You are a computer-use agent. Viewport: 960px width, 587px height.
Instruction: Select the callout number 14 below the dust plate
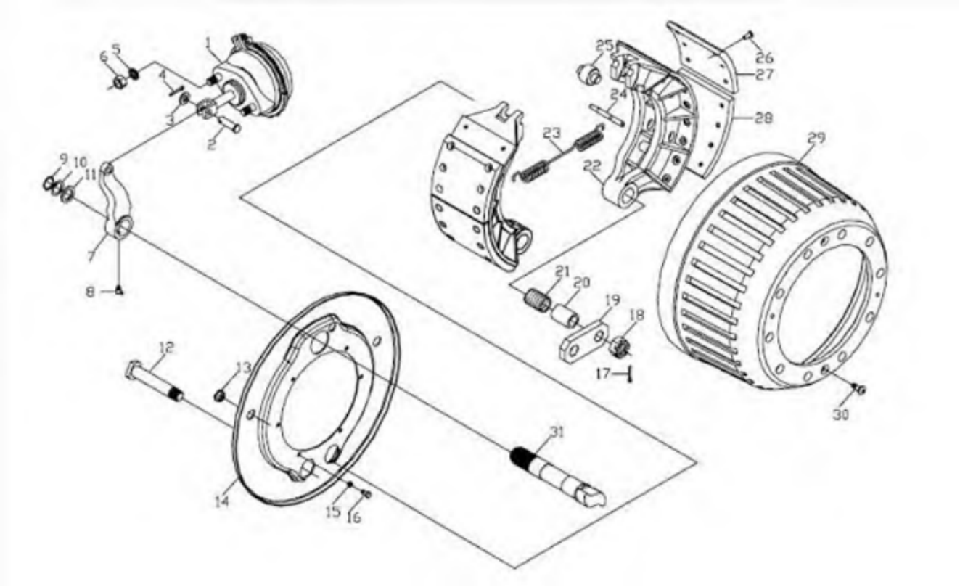click(x=221, y=501)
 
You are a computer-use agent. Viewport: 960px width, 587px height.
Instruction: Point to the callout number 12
click(x=166, y=348)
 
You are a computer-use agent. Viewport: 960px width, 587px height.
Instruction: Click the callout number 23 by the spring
click(x=551, y=133)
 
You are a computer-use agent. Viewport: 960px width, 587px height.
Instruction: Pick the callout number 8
click(x=90, y=292)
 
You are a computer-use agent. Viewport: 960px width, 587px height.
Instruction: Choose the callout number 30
click(x=840, y=415)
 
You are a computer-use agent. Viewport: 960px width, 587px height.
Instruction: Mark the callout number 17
click(x=603, y=374)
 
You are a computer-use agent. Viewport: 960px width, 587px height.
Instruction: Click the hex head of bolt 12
click(x=134, y=369)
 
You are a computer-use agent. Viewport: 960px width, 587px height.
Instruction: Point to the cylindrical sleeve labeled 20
click(x=565, y=315)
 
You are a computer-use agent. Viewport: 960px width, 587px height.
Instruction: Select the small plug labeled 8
click(x=120, y=291)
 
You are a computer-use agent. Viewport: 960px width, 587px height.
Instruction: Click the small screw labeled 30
click(x=859, y=389)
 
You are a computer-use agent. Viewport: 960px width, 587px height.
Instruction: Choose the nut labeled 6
click(x=120, y=81)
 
